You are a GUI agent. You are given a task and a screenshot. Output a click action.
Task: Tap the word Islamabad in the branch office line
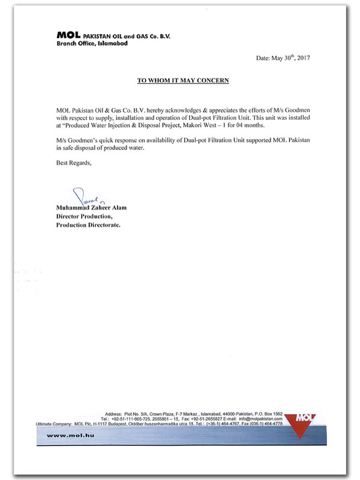(x=112, y=44)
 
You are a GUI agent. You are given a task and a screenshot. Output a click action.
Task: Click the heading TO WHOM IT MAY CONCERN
(x=182, y=80)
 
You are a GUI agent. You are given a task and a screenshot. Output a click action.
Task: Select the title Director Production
(x=84, y=216)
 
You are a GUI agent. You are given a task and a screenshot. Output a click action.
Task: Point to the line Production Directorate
(x=88, y=225)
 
